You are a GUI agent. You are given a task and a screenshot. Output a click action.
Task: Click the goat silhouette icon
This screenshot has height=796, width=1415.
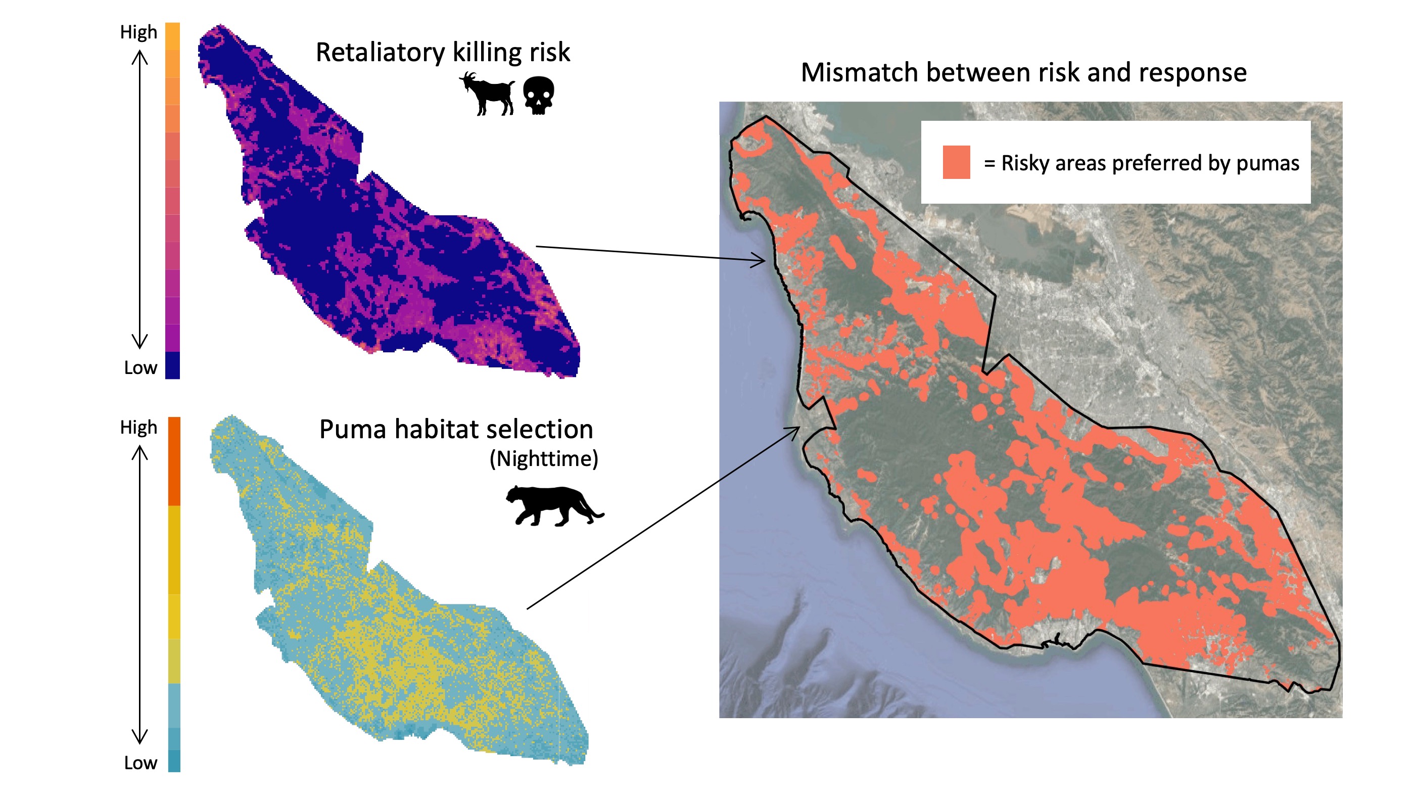[487, 95]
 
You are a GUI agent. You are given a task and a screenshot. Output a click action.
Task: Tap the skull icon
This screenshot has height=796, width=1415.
[538, 95]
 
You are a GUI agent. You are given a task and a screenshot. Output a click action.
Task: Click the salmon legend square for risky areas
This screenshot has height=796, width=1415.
[956, 162]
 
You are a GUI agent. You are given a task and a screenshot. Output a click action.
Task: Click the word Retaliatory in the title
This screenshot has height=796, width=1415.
[380, 53]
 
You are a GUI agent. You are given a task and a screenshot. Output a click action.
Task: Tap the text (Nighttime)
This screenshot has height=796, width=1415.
[543, 459]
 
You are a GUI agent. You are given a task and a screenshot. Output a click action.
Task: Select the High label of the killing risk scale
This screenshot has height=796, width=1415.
[138, 32]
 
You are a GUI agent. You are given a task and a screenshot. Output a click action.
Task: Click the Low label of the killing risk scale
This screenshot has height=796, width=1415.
[140, 367]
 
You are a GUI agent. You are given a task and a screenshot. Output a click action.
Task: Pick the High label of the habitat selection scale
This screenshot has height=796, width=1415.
[138, 428]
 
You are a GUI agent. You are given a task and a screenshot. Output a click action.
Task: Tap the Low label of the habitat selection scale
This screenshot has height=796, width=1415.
[140, 763]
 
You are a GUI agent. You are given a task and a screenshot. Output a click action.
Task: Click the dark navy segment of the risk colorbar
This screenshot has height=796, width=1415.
[172, 365]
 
